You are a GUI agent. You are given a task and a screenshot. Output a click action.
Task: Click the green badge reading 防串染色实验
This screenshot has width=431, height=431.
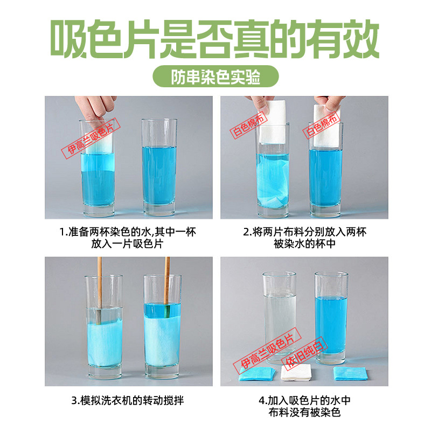tap(215, 77)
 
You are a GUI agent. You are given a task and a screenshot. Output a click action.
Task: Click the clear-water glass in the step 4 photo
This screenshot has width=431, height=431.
tap(279, 318)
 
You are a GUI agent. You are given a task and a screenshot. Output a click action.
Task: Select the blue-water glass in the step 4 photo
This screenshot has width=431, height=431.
tap(331, 318)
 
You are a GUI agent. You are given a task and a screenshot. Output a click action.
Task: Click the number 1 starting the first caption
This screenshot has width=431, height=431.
tap(61, 232)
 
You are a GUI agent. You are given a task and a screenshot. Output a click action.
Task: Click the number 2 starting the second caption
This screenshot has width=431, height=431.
tap(246, 232)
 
